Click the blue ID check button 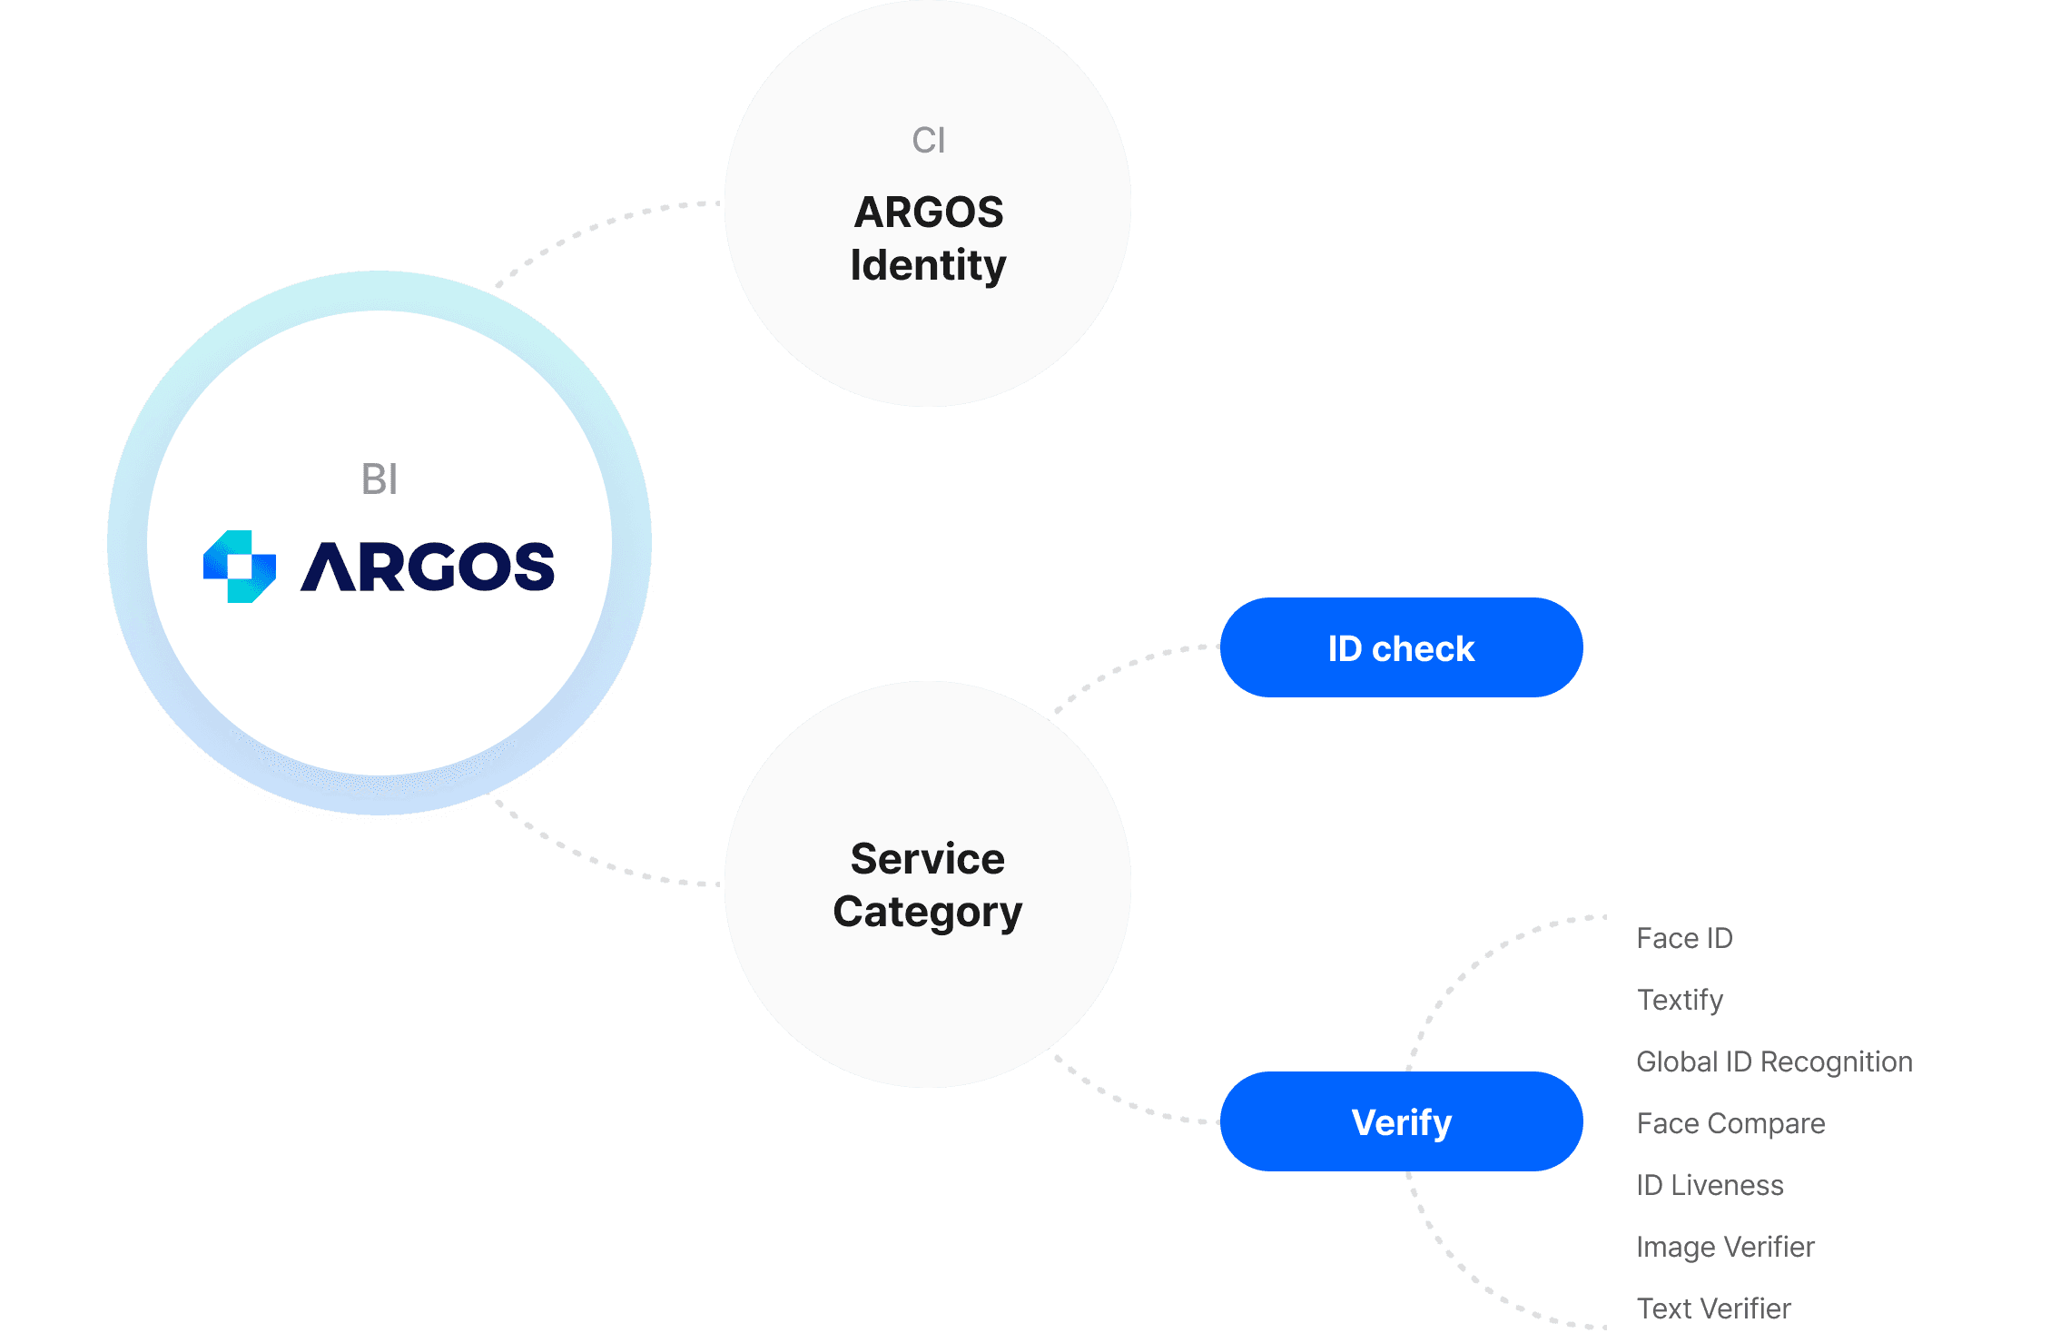[x=1401, y=647]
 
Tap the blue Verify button [x=1401, y=1121]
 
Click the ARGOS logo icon [x=240, y=566]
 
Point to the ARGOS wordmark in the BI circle [x=427, y=567]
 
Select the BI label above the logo [x=379, y=479]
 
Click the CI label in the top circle [x=928, y=141]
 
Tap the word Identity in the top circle [x=928, y=265]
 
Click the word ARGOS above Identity [x=928, y=212]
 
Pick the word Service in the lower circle [x=928, y=859]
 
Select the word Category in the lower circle [x=928, y=912]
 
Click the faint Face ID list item [x=1684, y=938]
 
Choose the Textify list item [x=1681, y=1000]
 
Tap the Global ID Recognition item [x=1773, y=1061]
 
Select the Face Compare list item [x=1730, y=1123]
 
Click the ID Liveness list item [x=1711, y=1185]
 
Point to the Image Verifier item [x=1725, y=1247]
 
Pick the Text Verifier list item [x=1715, y=1308]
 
